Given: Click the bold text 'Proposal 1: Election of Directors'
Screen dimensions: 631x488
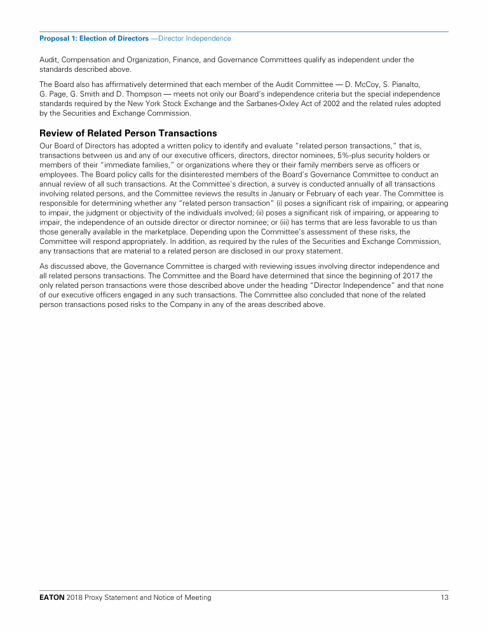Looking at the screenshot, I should [x=94, y=39].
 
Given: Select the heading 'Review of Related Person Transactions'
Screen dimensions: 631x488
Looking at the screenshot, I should [x=128, y=133].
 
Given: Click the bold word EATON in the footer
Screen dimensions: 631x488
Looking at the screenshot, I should [x=51, y=598].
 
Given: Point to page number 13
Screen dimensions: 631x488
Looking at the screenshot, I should [x=444, y=598].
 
